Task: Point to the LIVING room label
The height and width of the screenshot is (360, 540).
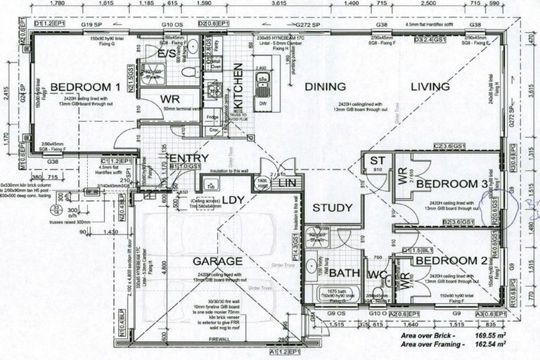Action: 430,86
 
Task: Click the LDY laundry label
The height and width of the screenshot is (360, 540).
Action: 233,201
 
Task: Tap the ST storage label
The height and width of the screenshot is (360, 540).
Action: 376,162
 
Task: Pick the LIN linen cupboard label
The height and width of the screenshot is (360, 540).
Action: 287,183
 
